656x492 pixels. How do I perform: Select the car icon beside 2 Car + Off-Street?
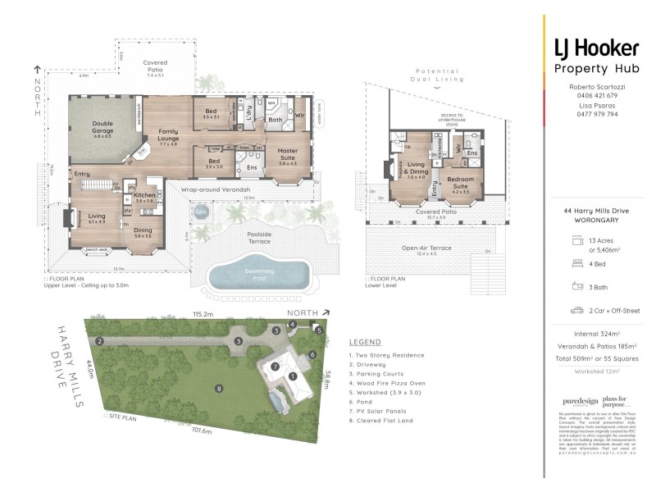[x=575, y=311]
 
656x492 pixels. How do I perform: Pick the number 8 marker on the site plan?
[x=219, y=388]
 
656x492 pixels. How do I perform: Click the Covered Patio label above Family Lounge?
[x=154, y=66]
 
